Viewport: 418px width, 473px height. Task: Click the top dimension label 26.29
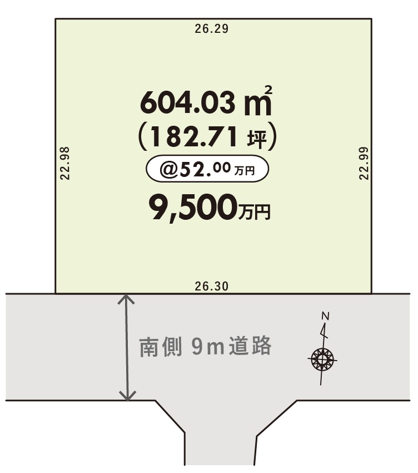point(212,29)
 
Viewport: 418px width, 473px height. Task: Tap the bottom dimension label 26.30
point(212,286)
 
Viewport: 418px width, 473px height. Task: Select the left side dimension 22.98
point(65,163)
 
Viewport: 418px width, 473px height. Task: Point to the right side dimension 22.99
point(364,163)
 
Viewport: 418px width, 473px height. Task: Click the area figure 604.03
point(188,102)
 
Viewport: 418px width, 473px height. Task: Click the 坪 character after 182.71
point(257,139)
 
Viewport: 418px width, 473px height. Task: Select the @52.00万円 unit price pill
point(207,169)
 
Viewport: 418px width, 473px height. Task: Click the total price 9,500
point(193,208)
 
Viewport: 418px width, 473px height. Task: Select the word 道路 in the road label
point(250,346)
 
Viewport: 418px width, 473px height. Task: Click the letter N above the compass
point(326,316)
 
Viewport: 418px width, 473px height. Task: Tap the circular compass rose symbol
point(322,359)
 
